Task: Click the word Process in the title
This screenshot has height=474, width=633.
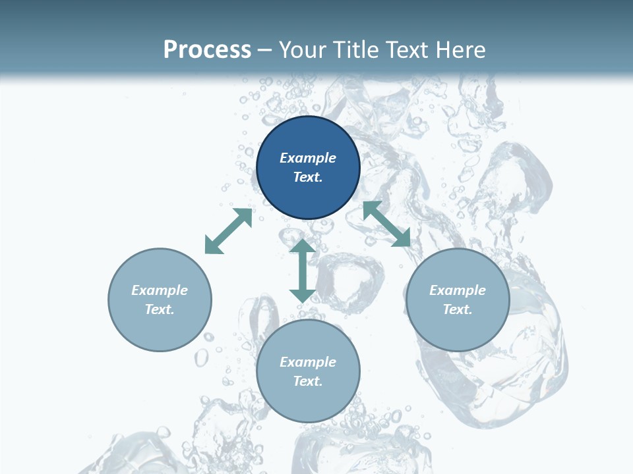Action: (x=207, y=50)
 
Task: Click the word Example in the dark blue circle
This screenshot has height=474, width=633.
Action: (x=308, y=158)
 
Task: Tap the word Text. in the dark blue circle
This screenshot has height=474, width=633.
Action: (x=308, y=177)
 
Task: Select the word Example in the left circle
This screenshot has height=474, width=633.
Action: (x=160, y=290)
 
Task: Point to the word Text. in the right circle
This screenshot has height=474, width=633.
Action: (x=458, y=309)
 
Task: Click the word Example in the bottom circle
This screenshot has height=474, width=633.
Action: (x=308, y=362)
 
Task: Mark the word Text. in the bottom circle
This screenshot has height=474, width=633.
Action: (x=308, y=381)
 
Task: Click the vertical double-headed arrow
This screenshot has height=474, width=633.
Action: (x=303, y=271)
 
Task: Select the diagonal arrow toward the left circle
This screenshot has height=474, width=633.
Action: (x=228, y=231)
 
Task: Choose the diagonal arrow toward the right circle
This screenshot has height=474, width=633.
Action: (x=387, y=224)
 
